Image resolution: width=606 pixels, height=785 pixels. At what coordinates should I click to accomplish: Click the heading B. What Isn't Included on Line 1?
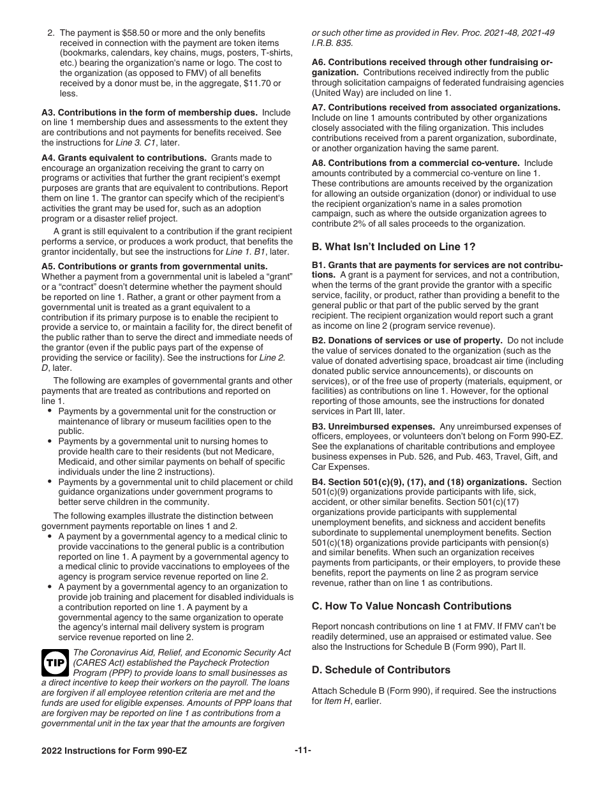coord(393,247)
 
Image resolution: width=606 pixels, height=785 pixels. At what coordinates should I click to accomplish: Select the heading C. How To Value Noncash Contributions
coord(411,606)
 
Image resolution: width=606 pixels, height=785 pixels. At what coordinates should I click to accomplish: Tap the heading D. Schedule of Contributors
coord(381,669)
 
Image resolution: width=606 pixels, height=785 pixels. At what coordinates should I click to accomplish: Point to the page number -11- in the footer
coord(303,751)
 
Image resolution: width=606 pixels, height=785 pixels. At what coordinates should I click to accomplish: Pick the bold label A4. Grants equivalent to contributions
coord(124,158)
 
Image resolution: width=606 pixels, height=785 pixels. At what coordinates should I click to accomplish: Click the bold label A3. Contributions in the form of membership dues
coord(149,112)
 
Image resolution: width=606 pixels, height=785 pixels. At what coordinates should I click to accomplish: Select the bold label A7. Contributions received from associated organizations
coord(436,108)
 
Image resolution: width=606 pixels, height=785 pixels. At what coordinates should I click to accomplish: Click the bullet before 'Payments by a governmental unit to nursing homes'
coord(50,441)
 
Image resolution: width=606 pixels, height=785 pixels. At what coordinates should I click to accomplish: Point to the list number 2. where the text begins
coord(51,33)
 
